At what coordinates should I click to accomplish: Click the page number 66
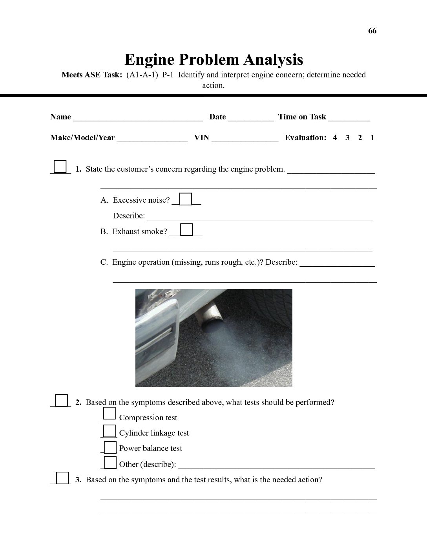pos(372,31)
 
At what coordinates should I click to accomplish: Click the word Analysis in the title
pos(273,60)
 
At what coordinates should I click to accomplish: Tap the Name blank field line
pos(138,117)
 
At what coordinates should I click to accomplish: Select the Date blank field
pos(251,117)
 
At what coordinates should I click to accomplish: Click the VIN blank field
pos(245,138)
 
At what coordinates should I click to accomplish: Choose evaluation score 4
pos(335,138)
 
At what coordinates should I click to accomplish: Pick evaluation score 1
pos(372,138)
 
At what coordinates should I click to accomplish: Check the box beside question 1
pos(60,167)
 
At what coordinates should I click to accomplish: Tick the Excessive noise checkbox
pos(186,199)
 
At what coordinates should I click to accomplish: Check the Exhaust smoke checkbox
pos(186,229)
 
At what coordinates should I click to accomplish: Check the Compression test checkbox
pos(109,414)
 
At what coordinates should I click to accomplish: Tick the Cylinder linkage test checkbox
pos(110,431)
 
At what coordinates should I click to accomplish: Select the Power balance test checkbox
pos(110,447)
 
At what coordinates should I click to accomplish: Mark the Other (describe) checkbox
pos(110,462)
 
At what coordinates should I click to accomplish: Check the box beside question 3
pos(62,478)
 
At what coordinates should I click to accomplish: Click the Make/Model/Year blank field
pos(152,138)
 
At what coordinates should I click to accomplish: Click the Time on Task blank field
pos(349,117)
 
